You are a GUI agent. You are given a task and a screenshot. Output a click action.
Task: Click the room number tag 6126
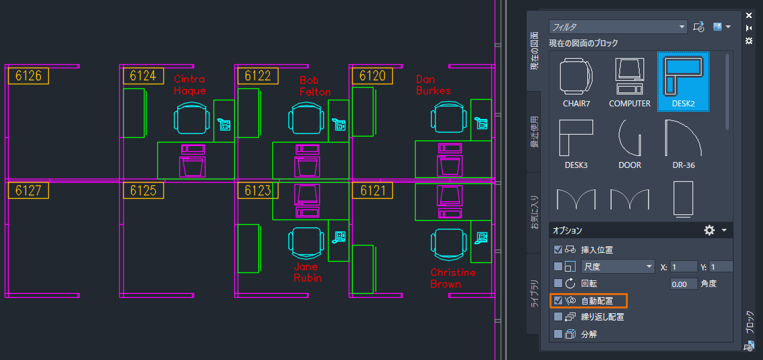(28, 76)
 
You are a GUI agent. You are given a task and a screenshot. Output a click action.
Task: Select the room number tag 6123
(258, 191)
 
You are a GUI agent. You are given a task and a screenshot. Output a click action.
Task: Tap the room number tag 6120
(373, 76)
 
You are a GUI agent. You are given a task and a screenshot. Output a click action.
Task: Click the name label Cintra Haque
(190, 85)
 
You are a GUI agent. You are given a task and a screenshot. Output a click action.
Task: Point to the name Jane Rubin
(307, 272)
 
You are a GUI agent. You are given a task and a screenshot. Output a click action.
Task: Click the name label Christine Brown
(452, 278)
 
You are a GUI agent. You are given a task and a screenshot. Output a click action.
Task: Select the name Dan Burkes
(433, 85)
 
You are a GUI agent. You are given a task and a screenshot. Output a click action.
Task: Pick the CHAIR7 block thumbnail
(576, 76)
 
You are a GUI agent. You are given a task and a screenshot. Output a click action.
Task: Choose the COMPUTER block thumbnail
(629, 76)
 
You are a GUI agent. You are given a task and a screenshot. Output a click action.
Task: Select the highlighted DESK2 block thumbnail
(683, 76)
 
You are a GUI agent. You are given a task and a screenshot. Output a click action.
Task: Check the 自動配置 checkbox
(558, 300)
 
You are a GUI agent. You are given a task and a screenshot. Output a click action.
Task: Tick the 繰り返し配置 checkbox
(558, 317)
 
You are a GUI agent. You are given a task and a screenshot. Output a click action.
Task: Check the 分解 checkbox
(558, 333)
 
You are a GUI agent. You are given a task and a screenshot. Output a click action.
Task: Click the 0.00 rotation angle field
(684, 284)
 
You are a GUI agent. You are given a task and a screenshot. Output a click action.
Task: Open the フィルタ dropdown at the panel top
(618, 27)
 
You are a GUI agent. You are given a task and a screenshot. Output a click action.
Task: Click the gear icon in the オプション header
(709, 230)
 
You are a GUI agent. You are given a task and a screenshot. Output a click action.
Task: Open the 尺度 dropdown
(617, 266)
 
